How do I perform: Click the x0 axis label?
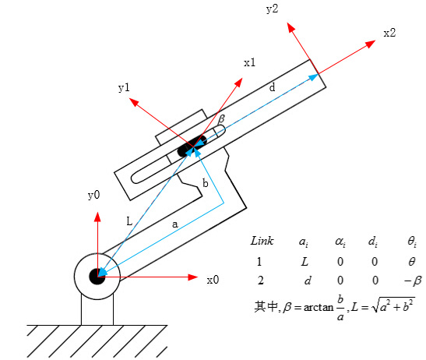[213, 280]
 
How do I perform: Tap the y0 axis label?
[94, 196]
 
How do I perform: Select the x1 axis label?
[249, 63]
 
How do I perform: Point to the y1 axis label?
[124, 88]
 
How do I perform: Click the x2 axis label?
[389, 34]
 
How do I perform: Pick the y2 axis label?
[273, 9]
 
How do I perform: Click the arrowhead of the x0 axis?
[192, 277]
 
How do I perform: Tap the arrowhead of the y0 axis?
[97, 217]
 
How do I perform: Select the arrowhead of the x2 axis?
[370, 44]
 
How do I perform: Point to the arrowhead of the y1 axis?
[133, 102]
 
